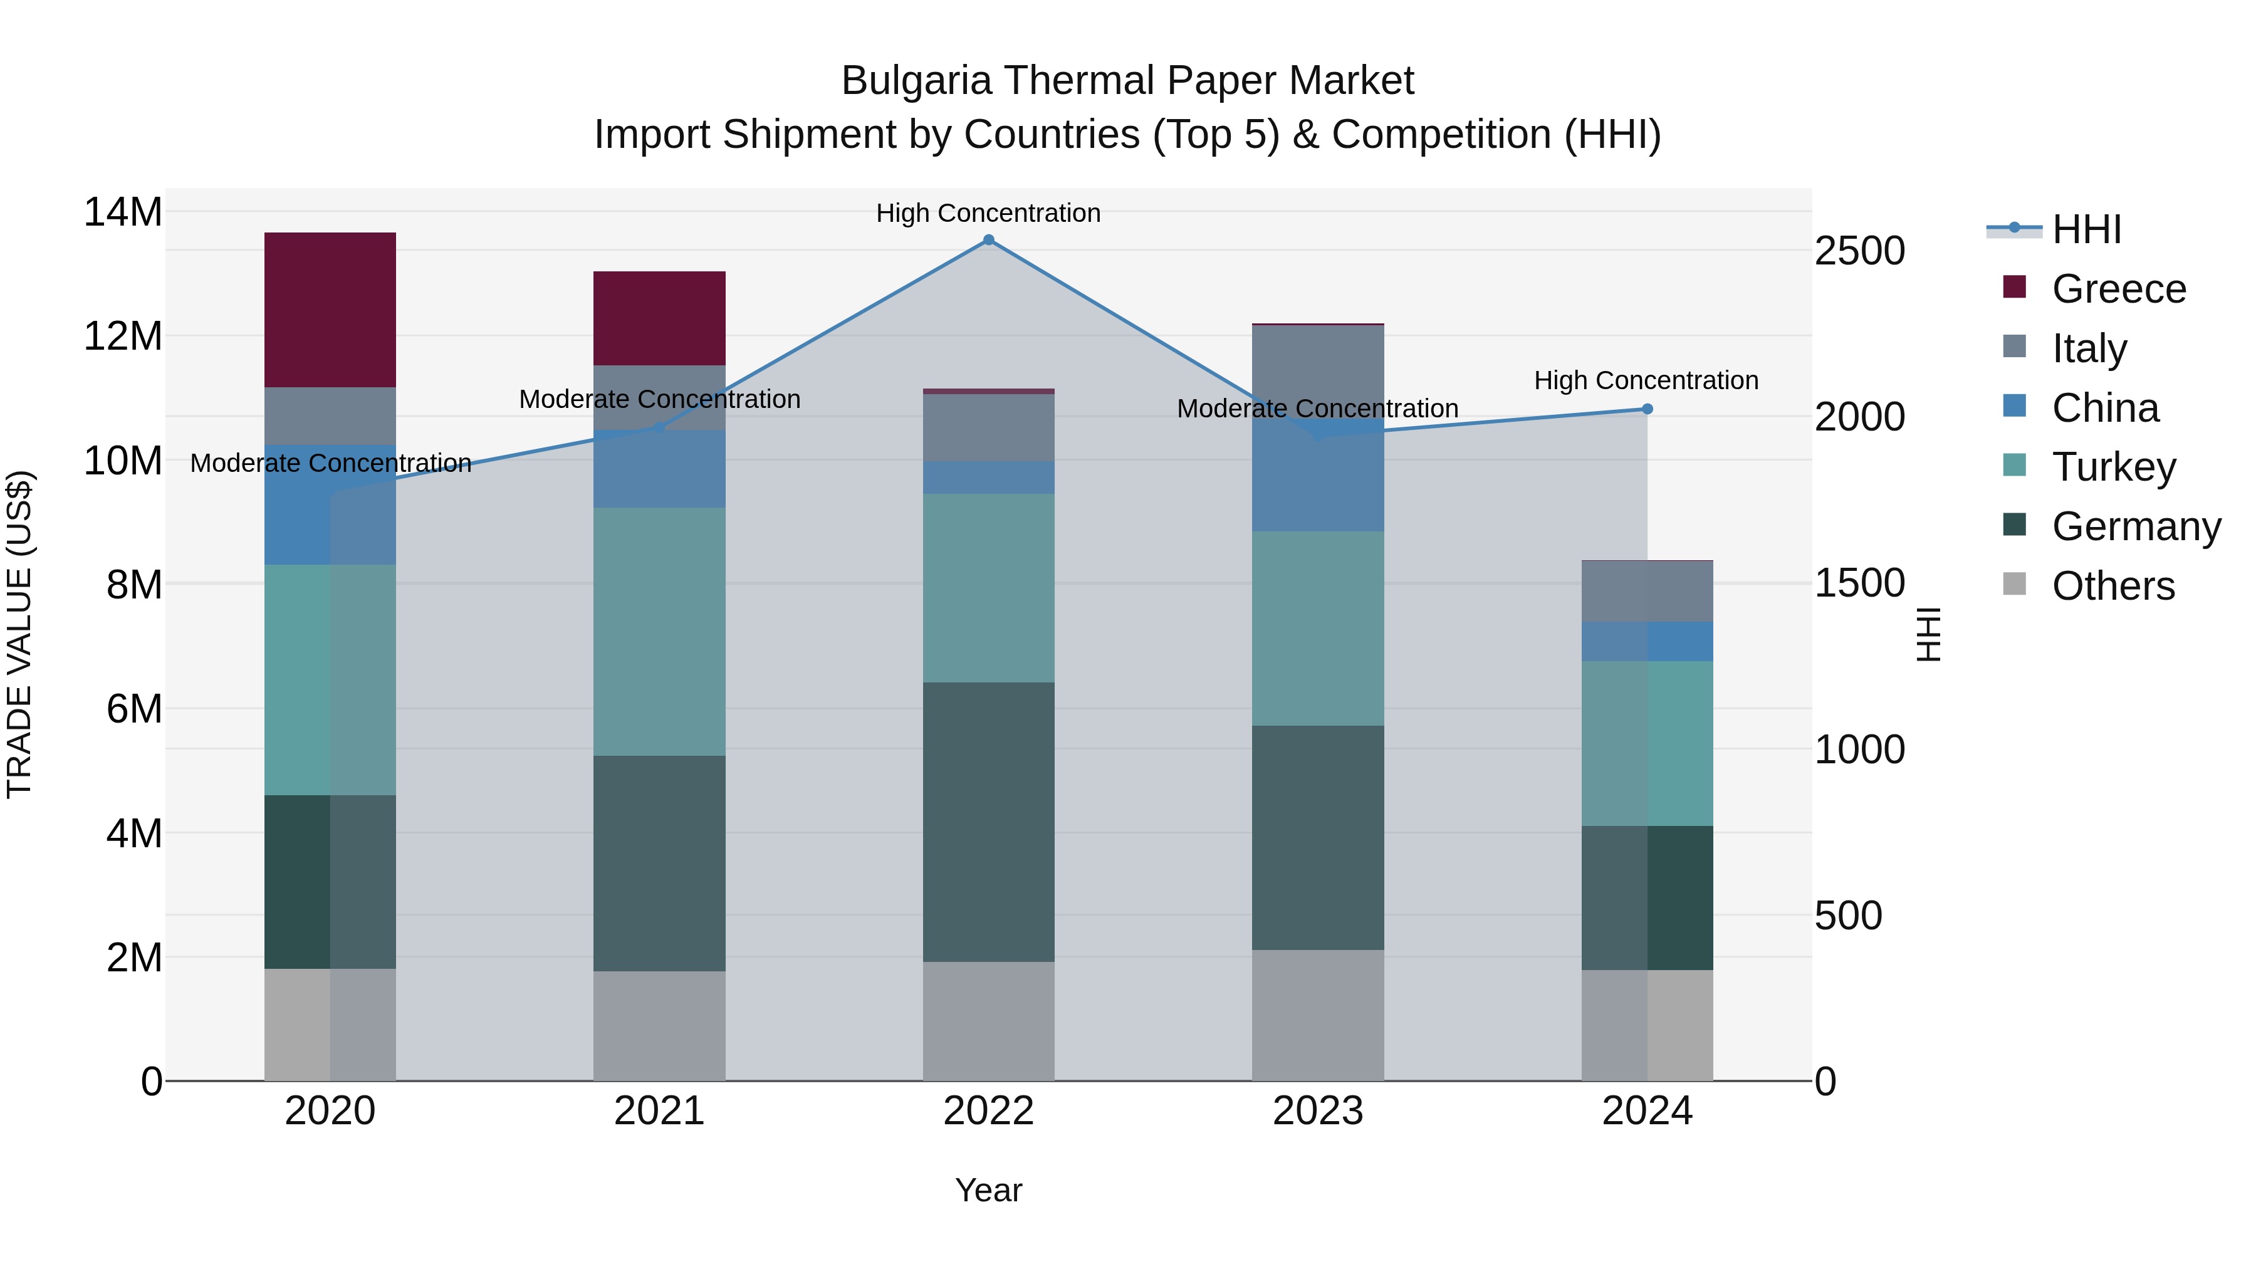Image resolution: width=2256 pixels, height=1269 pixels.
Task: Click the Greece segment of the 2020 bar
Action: [x=330, y=310]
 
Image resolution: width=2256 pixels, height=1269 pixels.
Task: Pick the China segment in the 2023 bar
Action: [x=1318, y=482]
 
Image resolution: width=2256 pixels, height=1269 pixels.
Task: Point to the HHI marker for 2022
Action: [x=989, y=240]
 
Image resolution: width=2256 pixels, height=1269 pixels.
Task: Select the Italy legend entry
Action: [x=2089, y=348]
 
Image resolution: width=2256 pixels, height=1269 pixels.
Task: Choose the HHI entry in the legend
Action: [x=2086, y=229]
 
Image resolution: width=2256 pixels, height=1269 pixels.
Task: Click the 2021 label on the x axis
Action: [x=659, y=1111]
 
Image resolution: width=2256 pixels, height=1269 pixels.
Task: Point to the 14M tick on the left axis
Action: [x=123, y=212]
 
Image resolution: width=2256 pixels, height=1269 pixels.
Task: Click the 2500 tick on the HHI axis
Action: [x=1859, y=251]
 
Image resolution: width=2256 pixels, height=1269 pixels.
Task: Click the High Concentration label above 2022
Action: [x=989, y=213]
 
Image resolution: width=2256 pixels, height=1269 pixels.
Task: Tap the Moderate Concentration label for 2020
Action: [x=330, y=463]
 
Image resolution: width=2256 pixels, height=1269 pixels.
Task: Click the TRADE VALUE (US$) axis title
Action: [x=19, y=634]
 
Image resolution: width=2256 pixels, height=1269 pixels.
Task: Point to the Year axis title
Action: [x=989, y=1190]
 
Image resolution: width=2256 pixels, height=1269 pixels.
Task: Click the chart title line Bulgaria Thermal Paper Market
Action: [x=1127, y=81]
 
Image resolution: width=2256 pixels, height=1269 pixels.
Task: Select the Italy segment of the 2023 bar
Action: [x=1318, y=368]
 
